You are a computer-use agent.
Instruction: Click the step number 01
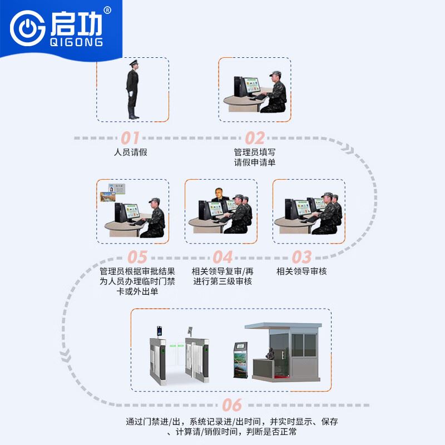click(130, 138)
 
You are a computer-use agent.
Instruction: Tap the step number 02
click(255, 138)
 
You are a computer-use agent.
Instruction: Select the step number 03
click(301, 257)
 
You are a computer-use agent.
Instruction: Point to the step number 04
click(223, 257)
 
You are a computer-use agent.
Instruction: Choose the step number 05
click(137, 257)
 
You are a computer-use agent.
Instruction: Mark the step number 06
click(232, 405)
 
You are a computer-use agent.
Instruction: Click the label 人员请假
click(131, 152)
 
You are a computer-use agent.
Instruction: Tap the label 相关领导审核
click(301, 271)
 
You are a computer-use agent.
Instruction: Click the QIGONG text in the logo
click(76, 42)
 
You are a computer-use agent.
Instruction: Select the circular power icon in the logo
click(27, 28)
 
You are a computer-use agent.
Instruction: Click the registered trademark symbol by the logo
click(107, 11)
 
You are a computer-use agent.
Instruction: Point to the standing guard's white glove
click(131, 93)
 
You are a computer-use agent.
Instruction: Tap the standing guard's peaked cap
click(133, 62)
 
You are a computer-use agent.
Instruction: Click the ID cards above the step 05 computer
click(113, 192)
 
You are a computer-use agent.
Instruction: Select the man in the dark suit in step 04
click(219, 195)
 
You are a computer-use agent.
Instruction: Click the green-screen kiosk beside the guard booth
click(241, 360)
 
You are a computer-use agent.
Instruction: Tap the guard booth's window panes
click(304, 345)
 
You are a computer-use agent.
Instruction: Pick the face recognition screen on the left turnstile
click(160, 331)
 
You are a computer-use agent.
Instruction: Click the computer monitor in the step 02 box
click(252, 86)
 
